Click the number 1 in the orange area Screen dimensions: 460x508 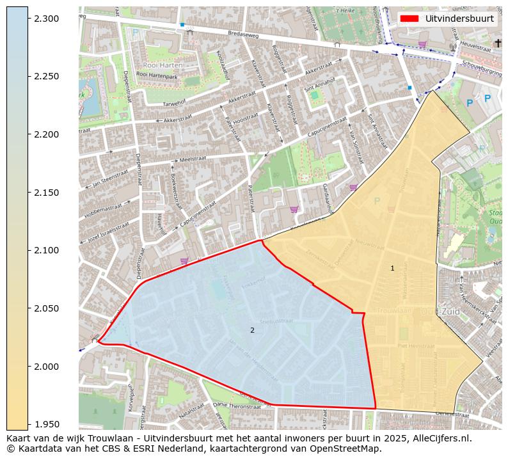point(392,268)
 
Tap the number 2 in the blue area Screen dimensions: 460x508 point(252,330)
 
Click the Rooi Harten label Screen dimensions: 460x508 point(163,65)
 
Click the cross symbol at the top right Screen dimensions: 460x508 point(498,43)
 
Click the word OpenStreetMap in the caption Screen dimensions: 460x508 point(349,448)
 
